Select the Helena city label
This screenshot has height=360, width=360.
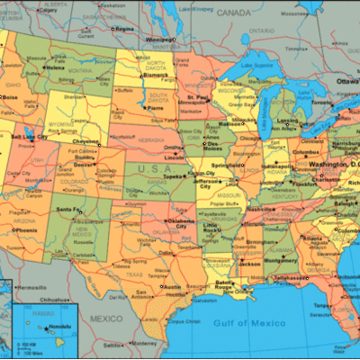(x=55, y=67)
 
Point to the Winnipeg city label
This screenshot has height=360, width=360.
(x=158, y=40)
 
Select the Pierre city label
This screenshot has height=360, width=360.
(x=155, y=107)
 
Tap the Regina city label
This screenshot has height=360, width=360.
(x=123, y=30)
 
